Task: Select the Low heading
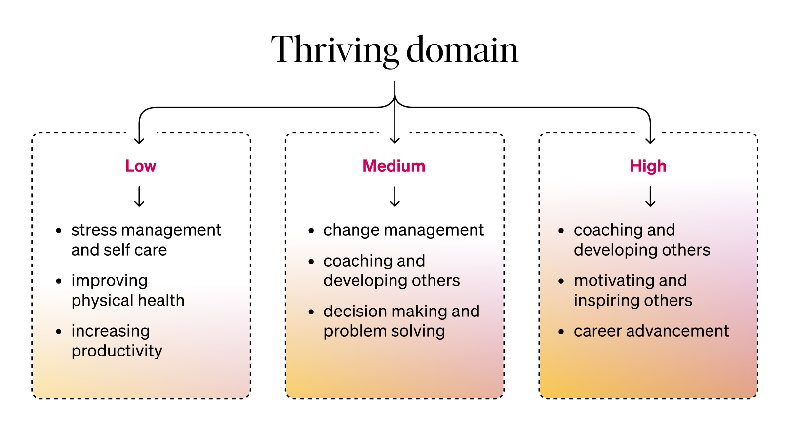tap(141, 166)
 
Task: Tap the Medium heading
tap(394, 166)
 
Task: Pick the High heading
tap(648, 166)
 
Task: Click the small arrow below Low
tap(140, 196)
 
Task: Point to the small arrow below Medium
tap(395, 196)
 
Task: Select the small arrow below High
tap(650, 196)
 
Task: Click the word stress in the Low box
tap(93, 230)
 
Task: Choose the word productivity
tap(117, 351)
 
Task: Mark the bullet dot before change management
tap(311, 231)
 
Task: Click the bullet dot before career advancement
tap(561, 332)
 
